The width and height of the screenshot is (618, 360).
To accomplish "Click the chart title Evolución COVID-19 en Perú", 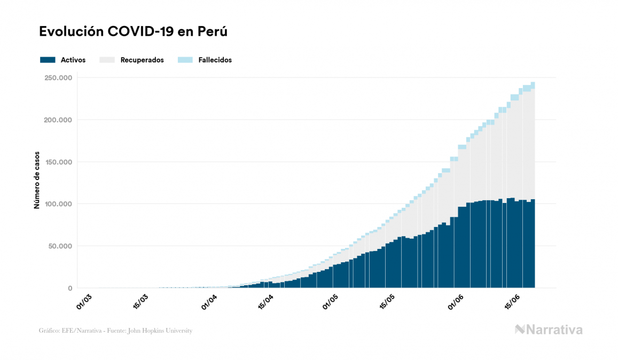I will click(x=134, y=32).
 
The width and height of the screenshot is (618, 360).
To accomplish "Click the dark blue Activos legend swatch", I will click(x=48, y=60).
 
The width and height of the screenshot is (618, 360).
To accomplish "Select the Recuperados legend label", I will click(x=142, y=60).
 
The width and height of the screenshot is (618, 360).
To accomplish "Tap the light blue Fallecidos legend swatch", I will click(x=185, y=60).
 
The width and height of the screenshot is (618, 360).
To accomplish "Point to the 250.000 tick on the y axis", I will click(x=59, y=78).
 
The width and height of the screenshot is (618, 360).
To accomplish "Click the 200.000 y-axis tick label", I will click(x=59, y=120).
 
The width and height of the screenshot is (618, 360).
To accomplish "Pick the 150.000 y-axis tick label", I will click(x=59, y=162).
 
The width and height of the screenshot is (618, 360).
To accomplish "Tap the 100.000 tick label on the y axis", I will click(x=59, y=204).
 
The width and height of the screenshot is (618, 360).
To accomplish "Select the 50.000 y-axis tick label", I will click(x=60, y=246).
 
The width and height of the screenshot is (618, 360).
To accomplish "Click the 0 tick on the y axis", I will click(x=69, y=288).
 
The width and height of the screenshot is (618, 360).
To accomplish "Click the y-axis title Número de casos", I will click(x=37, y=183).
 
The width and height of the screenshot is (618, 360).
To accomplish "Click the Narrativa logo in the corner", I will click(x=549, y=330).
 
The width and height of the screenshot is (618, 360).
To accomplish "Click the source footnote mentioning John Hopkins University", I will click(x=115, y=331).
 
